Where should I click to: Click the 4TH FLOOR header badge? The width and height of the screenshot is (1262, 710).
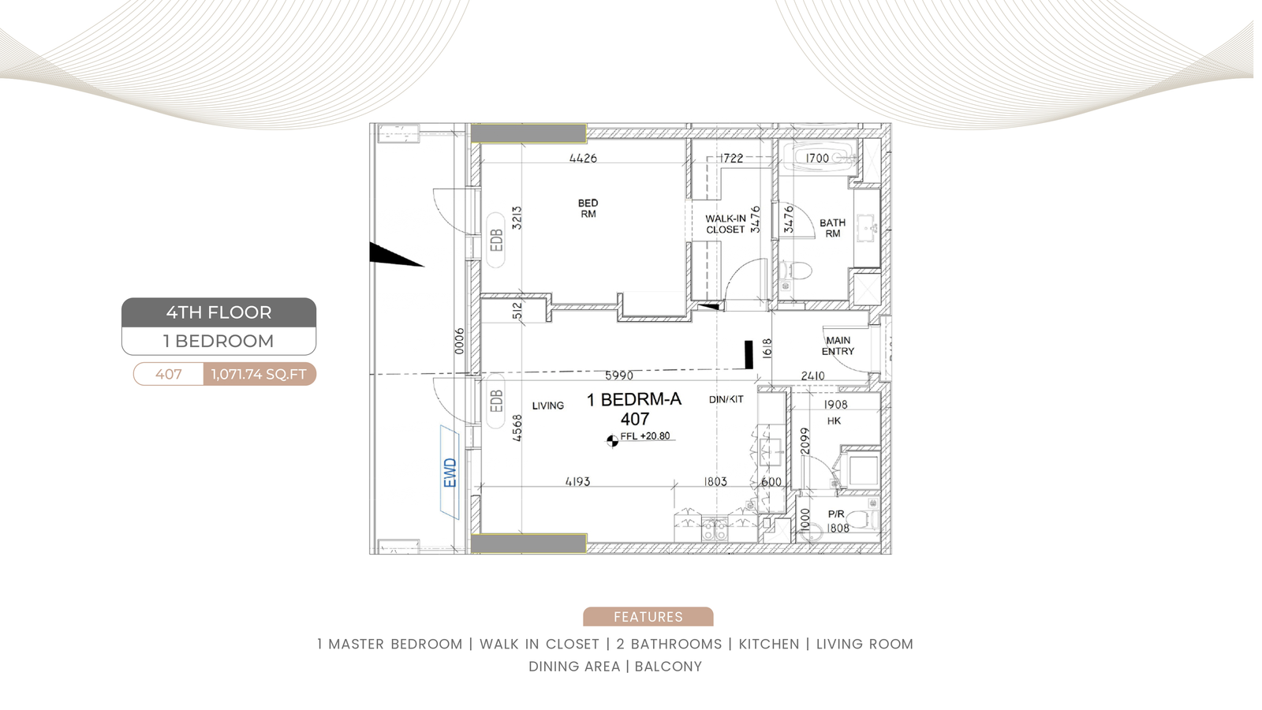(x=218, y=312)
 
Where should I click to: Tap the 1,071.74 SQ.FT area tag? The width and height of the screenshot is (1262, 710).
(x=259, y=374)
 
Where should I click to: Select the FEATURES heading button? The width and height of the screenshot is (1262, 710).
(x=648, y=616)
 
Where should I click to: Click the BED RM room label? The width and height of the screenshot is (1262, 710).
(x=588, y=208)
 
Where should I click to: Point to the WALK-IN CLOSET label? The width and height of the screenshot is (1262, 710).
(x=726, y=224)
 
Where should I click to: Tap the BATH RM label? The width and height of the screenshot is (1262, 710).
(x=833, y=228)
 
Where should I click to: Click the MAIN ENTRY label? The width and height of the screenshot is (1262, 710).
(x=838, y=346)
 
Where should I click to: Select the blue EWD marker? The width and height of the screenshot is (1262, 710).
(x=450, y=473)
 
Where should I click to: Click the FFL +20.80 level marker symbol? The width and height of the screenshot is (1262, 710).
(x=612, y=441)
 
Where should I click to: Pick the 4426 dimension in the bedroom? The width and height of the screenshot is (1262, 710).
(x=583, y=159)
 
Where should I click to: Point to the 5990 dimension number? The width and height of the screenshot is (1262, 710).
(x=618, y=376)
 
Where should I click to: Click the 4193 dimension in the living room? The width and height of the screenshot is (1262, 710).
(x=577, y=482)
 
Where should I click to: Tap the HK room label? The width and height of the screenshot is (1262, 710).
(x=834, y=421)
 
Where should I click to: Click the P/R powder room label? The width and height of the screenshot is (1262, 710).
(x=836, y=514)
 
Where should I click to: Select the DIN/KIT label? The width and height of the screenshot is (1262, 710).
(x=726, y=399)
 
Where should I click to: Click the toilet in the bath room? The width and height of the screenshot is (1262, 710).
(x=796, y=271)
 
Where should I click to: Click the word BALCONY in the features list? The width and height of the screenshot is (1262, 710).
(x=668, y=666)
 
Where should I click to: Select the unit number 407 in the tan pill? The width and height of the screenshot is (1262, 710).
(x=169, y=374)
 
